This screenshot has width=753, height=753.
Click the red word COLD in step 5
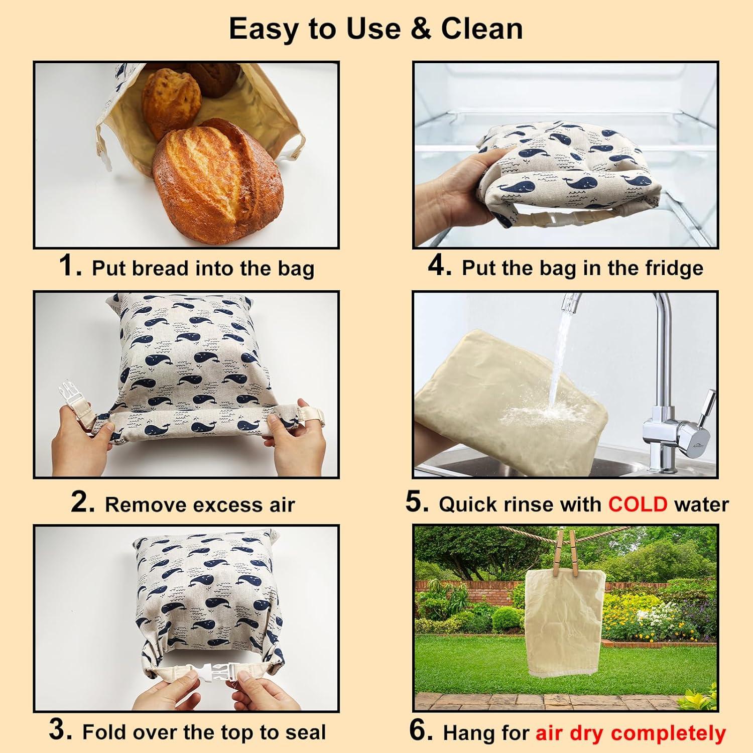coord(638,504)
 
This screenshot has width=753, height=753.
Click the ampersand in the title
coord(421,29)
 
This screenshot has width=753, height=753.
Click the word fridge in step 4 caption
coord(674,268)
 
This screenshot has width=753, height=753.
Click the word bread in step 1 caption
coord(161,269)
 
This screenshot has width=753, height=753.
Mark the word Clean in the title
coord(482,29)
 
